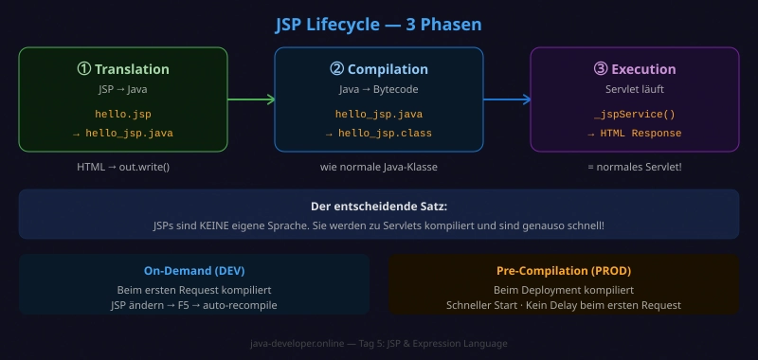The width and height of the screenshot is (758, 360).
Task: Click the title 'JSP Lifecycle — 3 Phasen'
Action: pos(378,23)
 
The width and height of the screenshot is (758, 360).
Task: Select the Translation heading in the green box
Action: pos(123,69)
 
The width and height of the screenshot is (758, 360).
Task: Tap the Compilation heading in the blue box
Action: pos(379,69)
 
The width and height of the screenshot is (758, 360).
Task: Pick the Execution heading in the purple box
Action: pos(634,69)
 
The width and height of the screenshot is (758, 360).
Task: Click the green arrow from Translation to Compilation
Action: pos(251,99)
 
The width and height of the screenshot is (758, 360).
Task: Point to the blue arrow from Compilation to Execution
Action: pos(507,99)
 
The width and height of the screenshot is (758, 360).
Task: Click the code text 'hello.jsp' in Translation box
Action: pos(123,114)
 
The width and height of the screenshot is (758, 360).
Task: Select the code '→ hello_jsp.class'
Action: pos(379,134)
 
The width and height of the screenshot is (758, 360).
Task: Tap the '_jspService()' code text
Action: pos(634,114)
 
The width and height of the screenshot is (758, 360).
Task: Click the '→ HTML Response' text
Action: pos(634,134)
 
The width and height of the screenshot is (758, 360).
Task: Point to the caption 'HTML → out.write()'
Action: pos(123,167)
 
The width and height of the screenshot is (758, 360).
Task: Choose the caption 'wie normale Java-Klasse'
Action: pos(379,167)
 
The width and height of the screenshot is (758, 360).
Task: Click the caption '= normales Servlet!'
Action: pos(634,167)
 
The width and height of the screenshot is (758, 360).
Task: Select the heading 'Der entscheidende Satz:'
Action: pos(378,207)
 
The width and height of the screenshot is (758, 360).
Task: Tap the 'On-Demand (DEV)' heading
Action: pos(194,270)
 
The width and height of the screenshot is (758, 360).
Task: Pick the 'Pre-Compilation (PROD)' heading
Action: pos(563,270)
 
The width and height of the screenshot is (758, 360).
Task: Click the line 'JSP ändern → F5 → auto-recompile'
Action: pos(194,305)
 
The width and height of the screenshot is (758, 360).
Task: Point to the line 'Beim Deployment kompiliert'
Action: pos(563,289)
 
